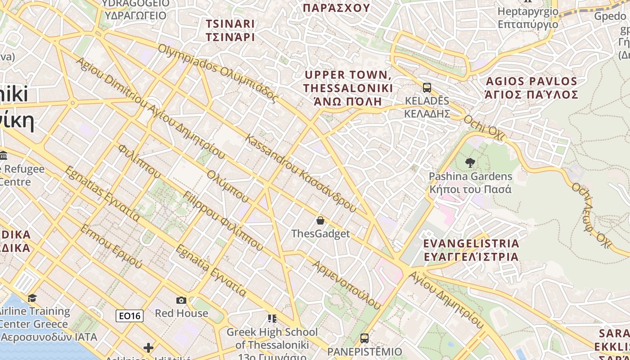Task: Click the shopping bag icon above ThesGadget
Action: [x=320, y=220]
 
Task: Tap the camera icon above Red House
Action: [x=181, y=300]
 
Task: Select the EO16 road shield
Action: [x=130, y=316]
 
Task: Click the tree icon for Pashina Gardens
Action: [x=471, y=163]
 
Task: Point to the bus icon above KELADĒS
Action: [x=427, y=87]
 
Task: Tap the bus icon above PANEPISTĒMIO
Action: [x=364, y=338]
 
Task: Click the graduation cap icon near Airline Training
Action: [x=32, y=298]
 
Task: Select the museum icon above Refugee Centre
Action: [x=4, y=156]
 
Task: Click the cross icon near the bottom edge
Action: [x=148, y=348]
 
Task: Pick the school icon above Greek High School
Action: [x=272, y=319]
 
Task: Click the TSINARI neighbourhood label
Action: [x=230, y=30]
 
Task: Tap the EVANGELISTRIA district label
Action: [x=471, y=250]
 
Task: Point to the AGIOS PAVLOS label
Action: [x=531, y=88]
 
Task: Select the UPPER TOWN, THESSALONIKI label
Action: [x=348, y=88]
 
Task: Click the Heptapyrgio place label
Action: [x=528, y=18]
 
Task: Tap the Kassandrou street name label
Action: [x=300, y=173]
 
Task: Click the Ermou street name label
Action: [x=111, y=246]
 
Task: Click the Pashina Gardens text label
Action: [x=470, y=183]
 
